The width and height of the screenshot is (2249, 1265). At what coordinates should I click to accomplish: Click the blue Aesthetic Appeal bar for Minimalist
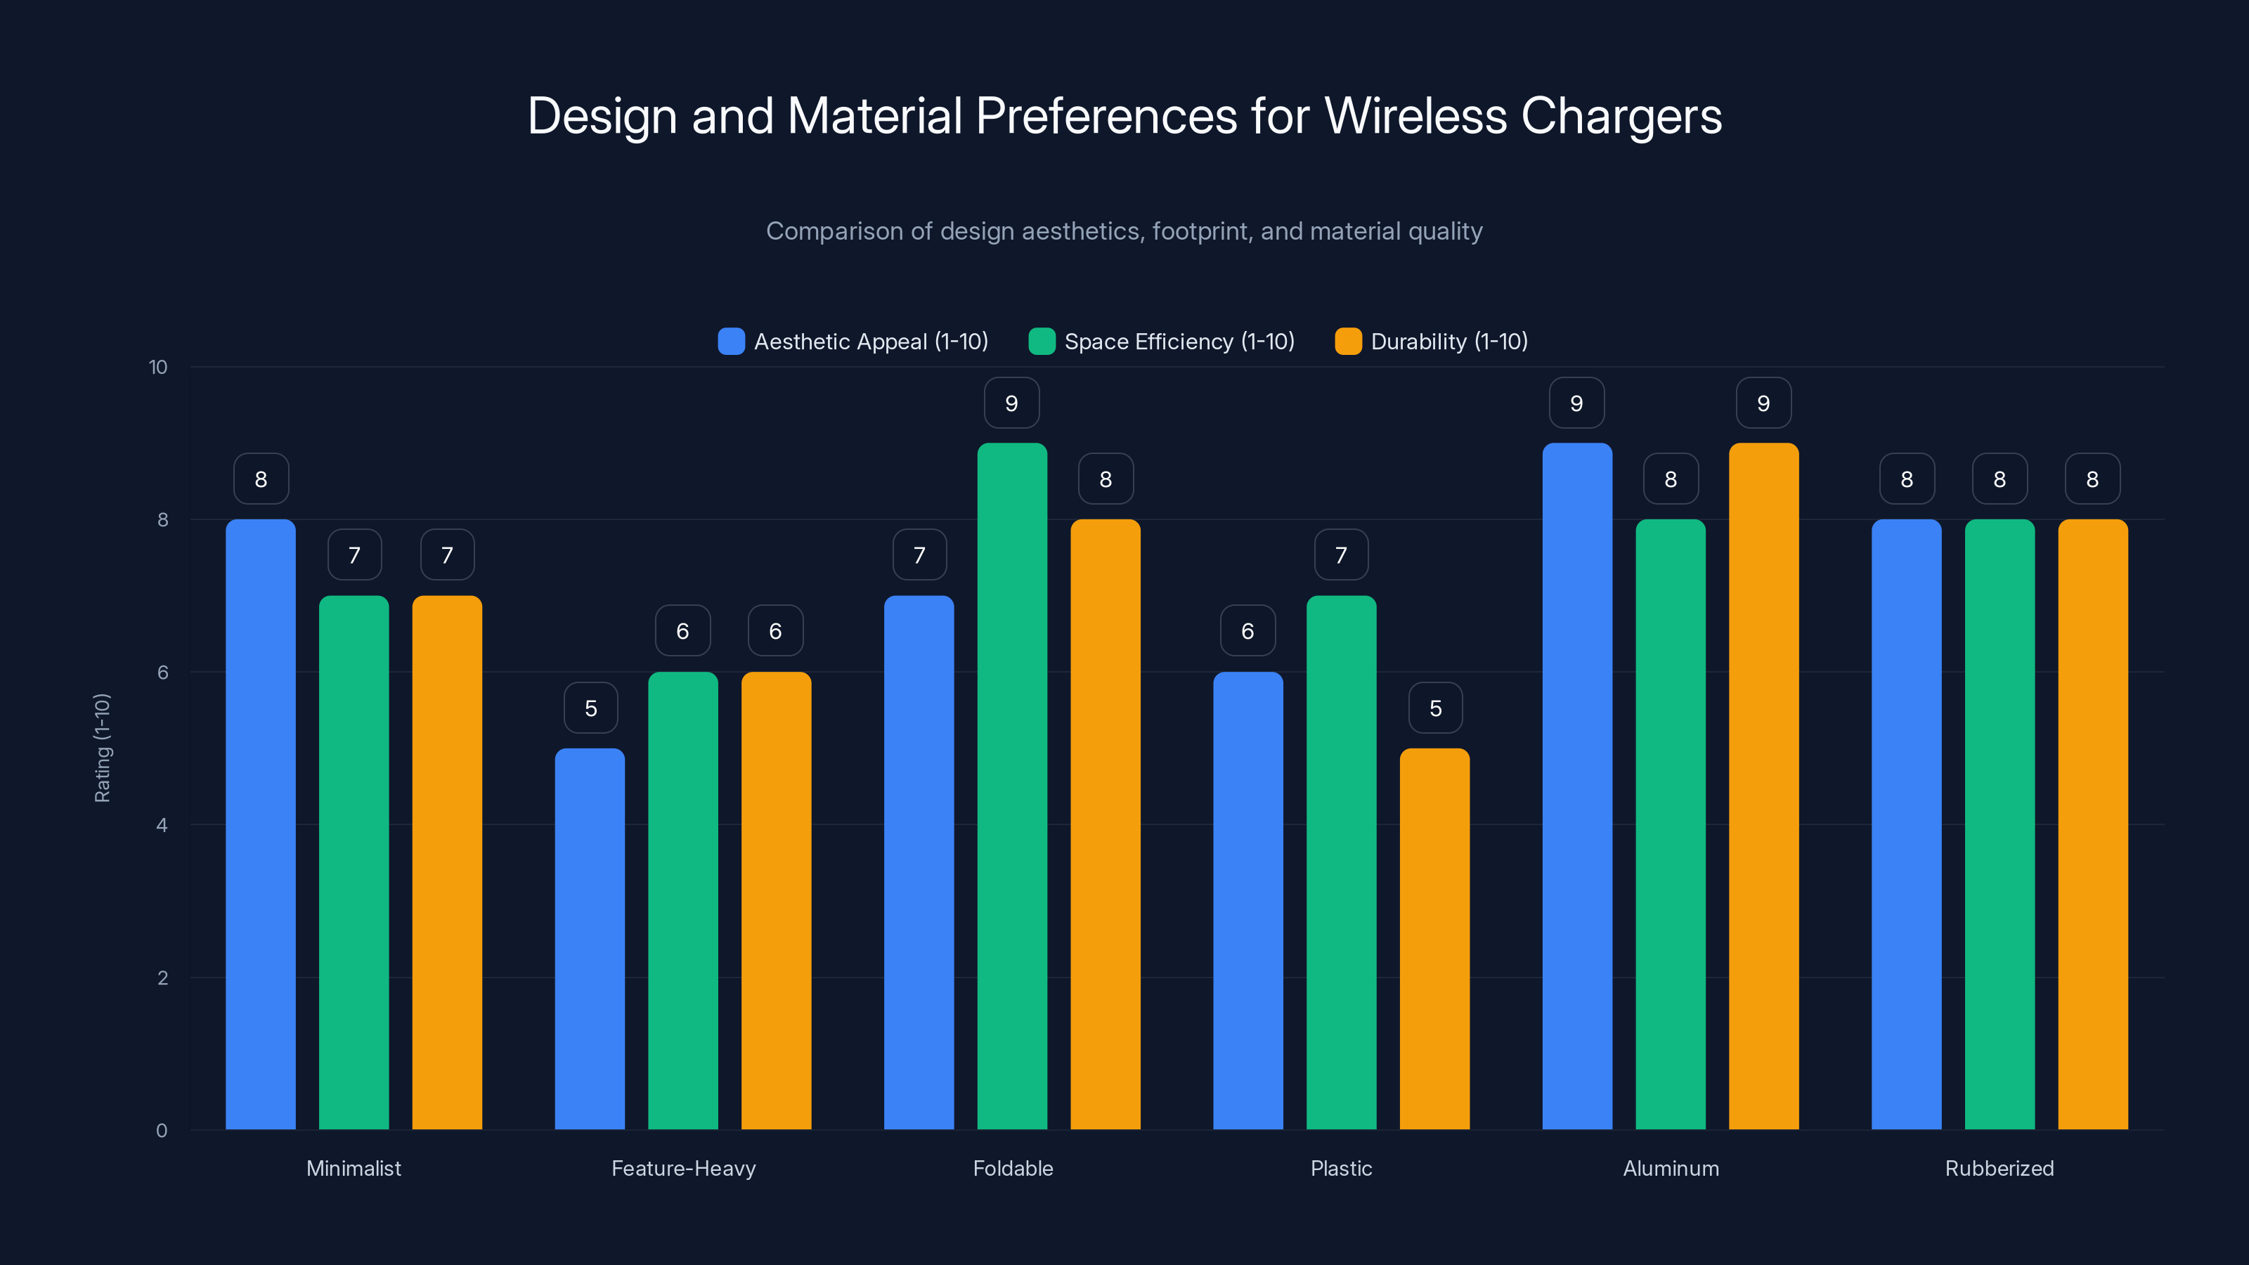coord(260,824)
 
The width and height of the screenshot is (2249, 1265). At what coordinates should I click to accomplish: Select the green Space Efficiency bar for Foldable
coord(1012,786)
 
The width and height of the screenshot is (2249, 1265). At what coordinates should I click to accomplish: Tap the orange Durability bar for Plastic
coord(1434,938)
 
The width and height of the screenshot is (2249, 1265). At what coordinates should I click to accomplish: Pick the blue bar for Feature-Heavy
coord(590,938)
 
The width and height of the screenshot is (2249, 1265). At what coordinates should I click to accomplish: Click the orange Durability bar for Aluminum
coord(1763,786)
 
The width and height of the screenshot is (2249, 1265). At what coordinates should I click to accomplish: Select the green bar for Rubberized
coord(2000,824)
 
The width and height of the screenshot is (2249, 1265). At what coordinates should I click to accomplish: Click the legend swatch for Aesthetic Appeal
coord(731,342)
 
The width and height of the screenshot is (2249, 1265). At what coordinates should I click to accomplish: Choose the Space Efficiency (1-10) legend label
coord(1179,342)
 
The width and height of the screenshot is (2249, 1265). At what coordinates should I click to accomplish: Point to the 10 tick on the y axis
coord(158,367)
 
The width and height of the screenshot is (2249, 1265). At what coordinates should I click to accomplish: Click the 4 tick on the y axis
coord(162,825)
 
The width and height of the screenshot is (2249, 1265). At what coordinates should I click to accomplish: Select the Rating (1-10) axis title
coord(102,748)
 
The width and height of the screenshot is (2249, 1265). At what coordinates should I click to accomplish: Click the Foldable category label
coord(1013,1168)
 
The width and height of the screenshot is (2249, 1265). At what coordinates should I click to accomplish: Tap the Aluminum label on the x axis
coord(1670,1168)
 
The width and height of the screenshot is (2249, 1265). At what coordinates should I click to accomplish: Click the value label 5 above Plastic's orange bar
coord(1435,708)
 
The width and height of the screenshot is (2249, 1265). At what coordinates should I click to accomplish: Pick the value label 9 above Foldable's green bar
coord(1011,403)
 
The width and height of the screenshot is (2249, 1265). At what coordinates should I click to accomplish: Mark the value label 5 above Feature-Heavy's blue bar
coord(591,708)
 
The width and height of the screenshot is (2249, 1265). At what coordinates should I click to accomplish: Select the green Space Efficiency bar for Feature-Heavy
coord(682,900)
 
